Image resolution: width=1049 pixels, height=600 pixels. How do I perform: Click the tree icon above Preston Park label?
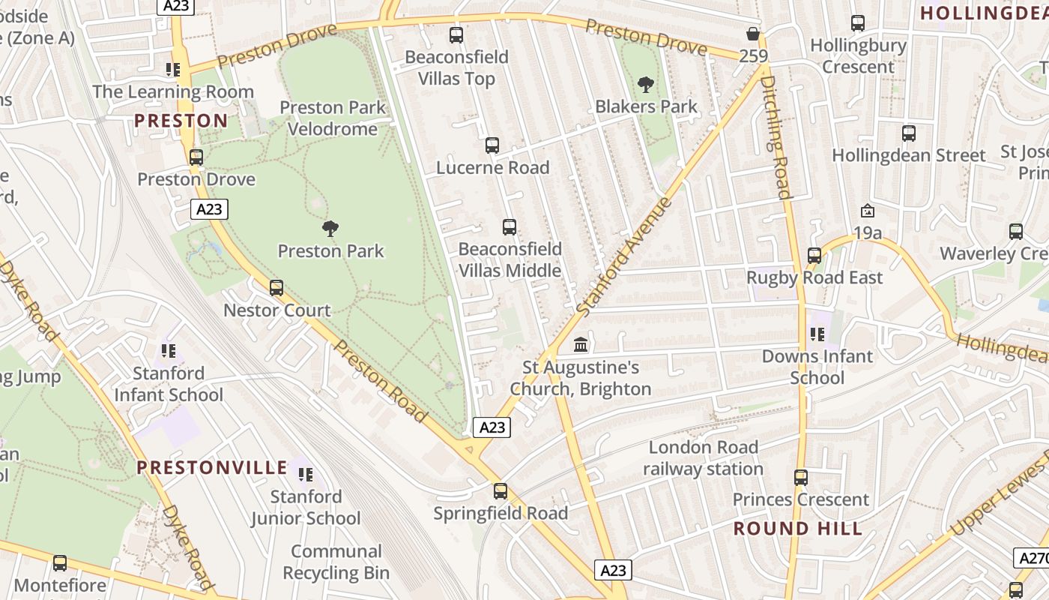coord(329,229)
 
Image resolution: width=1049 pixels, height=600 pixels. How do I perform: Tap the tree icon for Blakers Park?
coord(645,84)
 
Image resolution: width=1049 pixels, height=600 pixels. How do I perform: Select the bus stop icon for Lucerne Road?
coord(492,145)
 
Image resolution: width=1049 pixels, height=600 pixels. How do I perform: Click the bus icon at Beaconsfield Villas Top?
coord(456,34)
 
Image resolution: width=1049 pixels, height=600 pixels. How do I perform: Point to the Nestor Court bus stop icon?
coord(276,288)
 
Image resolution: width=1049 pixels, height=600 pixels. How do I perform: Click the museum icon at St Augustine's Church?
coord(581,345)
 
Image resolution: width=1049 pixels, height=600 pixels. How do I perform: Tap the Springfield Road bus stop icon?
coord(501,491)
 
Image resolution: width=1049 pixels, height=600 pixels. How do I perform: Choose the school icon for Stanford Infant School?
coord(169,350)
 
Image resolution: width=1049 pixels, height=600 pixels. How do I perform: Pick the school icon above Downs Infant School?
coord(817,334)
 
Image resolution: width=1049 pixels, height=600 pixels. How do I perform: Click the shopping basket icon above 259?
coord(753,34)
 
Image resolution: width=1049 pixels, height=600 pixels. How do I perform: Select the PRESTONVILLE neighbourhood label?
coord(212,468)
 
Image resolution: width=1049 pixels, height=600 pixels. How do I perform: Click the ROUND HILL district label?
coord(798,528)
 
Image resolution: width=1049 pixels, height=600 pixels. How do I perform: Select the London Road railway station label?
coord(703,458)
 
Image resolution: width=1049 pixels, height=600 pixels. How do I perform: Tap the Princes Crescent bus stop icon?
coord(801,477)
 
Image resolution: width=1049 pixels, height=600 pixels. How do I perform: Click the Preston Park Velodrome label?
coord(333,118)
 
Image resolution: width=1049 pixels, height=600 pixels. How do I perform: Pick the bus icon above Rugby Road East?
coord(814,255)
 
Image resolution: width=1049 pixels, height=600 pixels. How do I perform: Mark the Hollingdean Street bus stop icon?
coord(909,133)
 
